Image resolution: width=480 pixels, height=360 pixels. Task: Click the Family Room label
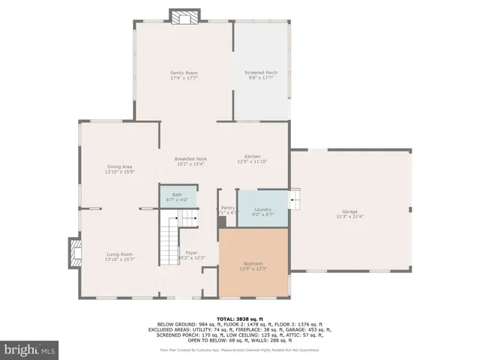click(184, 73)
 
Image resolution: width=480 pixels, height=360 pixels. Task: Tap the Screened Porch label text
click(261, 73)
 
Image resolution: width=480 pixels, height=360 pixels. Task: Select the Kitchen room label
click(252, 156)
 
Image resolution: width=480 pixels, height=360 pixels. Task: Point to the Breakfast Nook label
click(190, 159)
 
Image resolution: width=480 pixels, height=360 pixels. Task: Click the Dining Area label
click(120, 168)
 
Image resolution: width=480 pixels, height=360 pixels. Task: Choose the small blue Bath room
click(177, 196)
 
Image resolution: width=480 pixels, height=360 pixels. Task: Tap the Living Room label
click(120, 254)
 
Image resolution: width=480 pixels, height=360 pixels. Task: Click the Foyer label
click(192, 253)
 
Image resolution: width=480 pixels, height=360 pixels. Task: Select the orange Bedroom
click(253, 263)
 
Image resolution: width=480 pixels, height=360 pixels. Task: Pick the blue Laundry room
click(262, 210)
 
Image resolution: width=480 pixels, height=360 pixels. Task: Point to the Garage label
click(349, 211)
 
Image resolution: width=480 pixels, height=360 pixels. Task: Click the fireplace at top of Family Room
click(184, 16)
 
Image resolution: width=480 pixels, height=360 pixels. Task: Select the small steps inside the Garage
click(297, 199)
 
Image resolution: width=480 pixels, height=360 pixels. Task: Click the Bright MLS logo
click(30, 349)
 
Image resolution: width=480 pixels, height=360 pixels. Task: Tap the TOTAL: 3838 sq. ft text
click(239, 319)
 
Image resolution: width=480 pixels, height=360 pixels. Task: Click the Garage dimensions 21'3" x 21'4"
click(349, 217)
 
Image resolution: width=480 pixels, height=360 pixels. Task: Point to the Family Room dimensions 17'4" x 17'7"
click(184, 77)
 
